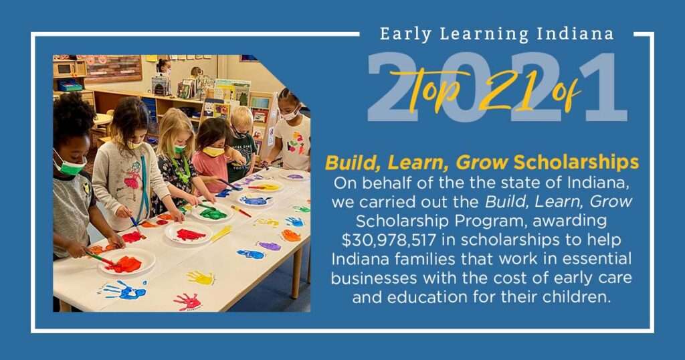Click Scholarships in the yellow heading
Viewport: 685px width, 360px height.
tap(576, 163)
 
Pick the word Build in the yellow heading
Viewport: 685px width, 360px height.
tap(353, 163)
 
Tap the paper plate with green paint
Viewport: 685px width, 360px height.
tap(213, 213)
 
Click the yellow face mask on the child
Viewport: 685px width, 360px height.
tap(213, 152)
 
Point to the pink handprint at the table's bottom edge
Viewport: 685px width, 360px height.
tap(188, 301)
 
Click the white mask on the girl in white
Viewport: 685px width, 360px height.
tap(290, 115)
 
